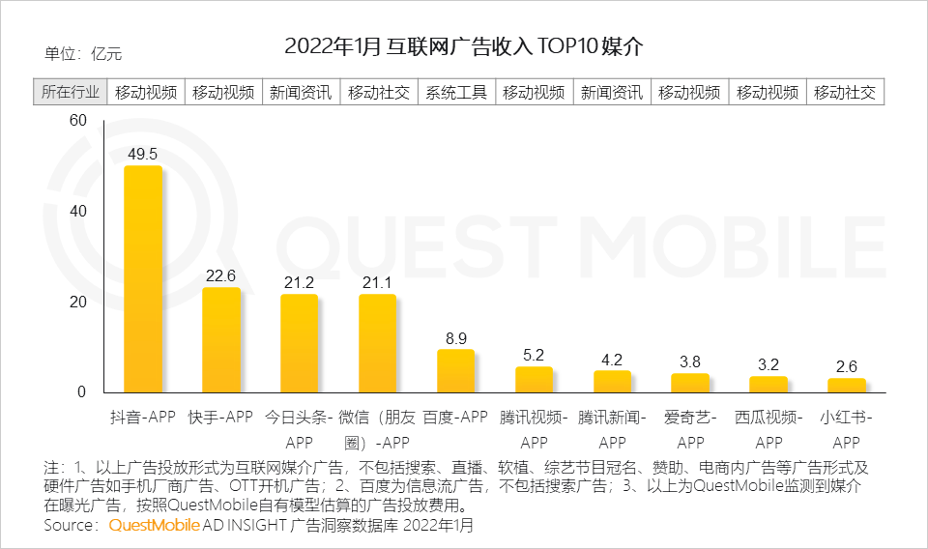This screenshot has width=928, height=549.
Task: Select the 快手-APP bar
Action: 220,339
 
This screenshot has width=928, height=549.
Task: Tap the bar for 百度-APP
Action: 455,370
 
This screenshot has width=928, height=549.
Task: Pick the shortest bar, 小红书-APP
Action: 846,385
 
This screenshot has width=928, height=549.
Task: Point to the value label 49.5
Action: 142,154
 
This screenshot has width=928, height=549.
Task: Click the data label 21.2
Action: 299,282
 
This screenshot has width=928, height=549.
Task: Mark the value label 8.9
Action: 455,338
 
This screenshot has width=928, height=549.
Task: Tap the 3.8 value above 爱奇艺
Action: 690,361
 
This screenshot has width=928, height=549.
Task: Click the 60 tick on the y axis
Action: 78,120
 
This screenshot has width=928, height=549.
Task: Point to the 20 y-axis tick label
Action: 78,302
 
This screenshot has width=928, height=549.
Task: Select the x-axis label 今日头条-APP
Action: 299,429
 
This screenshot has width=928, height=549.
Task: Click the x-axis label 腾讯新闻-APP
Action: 612,429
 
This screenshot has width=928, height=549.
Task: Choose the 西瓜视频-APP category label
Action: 768,429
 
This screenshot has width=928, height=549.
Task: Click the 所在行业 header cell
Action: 70,93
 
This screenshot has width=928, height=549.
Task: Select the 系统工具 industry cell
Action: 456,93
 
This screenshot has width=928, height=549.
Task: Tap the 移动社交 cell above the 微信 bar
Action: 379,93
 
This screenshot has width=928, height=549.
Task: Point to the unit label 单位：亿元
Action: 83,54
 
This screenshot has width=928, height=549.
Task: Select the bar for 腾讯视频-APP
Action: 534,379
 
